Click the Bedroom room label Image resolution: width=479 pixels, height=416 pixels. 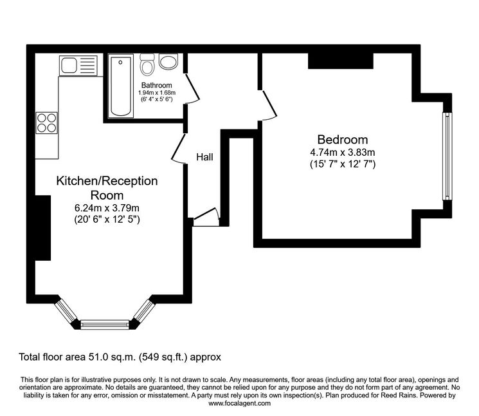(343, 140)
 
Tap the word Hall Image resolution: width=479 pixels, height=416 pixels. (204, 157)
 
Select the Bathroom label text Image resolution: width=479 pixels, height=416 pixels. (156, 86)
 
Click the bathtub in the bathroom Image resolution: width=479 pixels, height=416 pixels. (121, 86)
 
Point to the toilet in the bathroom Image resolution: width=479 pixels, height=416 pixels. (147, 65)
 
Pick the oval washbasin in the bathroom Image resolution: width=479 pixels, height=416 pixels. (168, 61)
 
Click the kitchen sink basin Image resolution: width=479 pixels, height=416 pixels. (69, 65)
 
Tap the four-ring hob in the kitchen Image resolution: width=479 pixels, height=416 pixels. (47, 123)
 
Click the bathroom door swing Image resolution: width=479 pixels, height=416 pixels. (192, 88)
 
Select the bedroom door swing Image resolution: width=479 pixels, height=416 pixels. (268, 105)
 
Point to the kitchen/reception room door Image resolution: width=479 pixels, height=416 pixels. (179, 149)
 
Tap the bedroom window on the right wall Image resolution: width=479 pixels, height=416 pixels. (447, 156)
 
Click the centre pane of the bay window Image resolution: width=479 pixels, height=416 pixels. (104, 325)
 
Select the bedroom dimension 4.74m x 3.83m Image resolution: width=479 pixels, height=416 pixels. (343, 153)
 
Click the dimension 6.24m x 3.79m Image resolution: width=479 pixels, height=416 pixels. (107, 208)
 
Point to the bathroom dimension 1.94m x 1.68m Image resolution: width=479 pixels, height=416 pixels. (157, 93)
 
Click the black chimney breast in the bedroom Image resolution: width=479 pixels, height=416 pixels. (341, 61)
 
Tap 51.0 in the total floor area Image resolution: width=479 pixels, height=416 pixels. (98, 357)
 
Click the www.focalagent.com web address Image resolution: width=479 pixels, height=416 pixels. (239, 403)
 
